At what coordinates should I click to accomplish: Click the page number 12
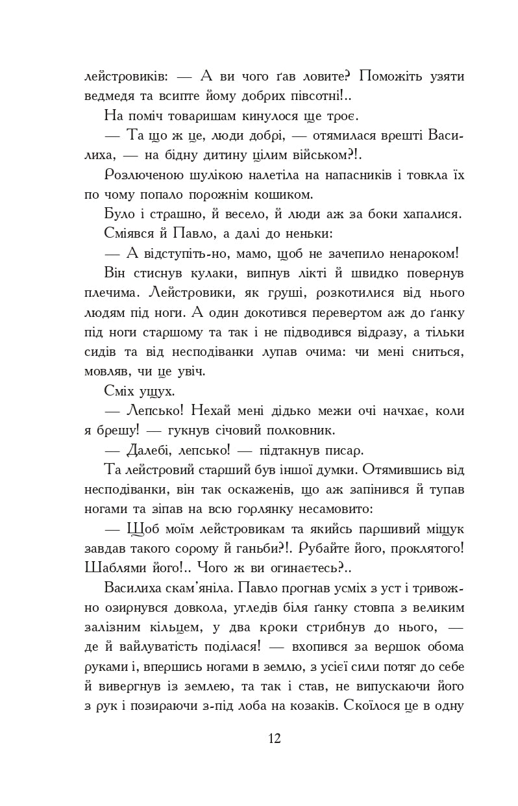pyautogui.click(x=273, y=738)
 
